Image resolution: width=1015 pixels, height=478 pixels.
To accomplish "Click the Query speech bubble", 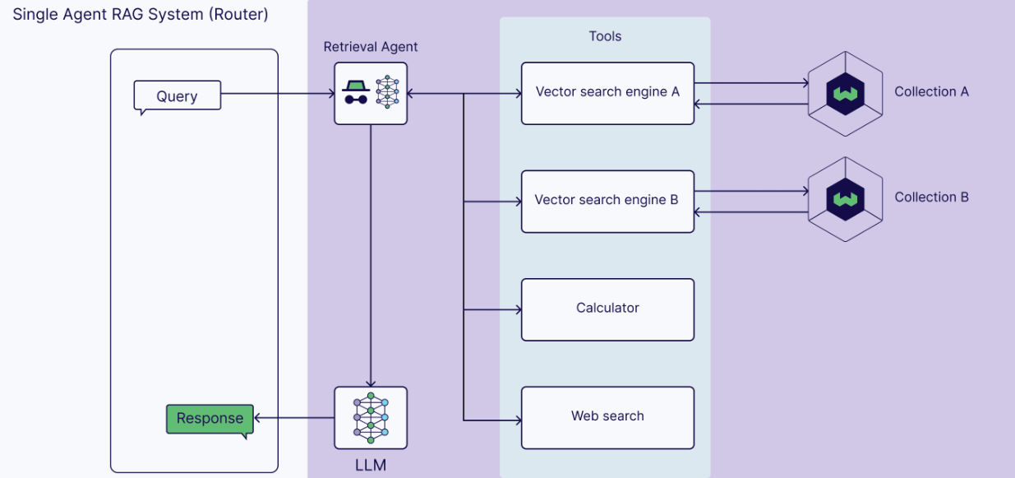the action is (x=178, y=96).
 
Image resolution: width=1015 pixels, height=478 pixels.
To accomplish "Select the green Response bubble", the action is (x=210, y=419).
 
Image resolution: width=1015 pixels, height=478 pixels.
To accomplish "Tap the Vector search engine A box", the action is (x=607, y=94).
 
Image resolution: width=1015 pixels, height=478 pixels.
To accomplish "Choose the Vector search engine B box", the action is (x=607, y=202).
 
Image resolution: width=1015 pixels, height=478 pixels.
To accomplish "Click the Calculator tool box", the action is (x=607, y=309).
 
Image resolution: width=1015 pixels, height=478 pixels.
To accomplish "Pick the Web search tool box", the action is (x=607, y=418).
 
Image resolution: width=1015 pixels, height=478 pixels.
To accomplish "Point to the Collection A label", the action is (x=931, y=91).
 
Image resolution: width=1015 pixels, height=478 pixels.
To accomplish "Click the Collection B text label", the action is (x=931, y=197).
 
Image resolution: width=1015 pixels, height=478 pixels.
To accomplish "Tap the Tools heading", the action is (x=605, y=36).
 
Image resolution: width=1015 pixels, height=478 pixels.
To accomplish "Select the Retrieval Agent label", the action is (x=371, y=47).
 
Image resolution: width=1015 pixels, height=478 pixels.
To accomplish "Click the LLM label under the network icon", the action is (x=371, y=466).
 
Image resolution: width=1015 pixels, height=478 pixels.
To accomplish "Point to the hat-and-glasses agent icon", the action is (x=356, y=92).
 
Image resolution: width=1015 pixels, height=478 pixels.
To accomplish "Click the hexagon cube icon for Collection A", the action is (x=845, y=94).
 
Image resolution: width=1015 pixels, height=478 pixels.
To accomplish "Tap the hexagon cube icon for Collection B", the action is (x=845, y=200).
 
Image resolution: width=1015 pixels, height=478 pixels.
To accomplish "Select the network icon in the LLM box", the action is (x=371, y=418).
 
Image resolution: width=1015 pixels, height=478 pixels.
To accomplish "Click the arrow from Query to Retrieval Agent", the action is (x=278, y=94).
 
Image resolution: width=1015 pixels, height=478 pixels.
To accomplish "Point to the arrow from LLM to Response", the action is (x=294, y=418).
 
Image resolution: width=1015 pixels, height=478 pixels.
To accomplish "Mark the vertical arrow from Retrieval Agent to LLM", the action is (x=371, y=256).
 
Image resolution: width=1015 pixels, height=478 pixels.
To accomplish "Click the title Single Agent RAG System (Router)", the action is (x=141, y=15).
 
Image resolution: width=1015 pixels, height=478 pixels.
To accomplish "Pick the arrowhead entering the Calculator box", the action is (x=519, y=309).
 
